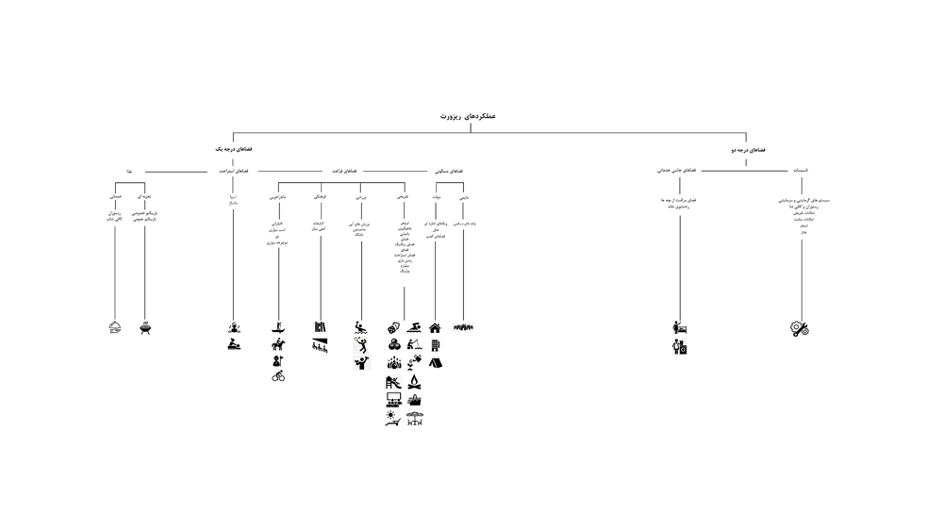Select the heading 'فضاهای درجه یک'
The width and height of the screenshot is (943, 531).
233,149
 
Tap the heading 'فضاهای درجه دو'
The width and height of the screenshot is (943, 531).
748,150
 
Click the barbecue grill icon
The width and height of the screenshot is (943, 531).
145,328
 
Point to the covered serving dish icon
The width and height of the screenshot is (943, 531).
115,328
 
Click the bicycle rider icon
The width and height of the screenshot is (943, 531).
278,376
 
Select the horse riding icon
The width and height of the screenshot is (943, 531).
278,344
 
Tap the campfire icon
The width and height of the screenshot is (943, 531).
414,382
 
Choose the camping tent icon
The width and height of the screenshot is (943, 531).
435,362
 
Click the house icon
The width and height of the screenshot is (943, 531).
435,328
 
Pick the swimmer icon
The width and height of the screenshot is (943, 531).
414,327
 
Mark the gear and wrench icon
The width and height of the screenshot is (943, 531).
800,328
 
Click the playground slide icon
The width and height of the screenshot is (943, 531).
393,382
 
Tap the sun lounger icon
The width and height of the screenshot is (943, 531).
393,418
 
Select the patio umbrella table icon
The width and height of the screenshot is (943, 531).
414,418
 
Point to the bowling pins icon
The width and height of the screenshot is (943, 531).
393,363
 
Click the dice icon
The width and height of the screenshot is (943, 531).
393,327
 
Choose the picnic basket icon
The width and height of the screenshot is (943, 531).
414,400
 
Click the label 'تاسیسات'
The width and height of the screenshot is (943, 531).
800,171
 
